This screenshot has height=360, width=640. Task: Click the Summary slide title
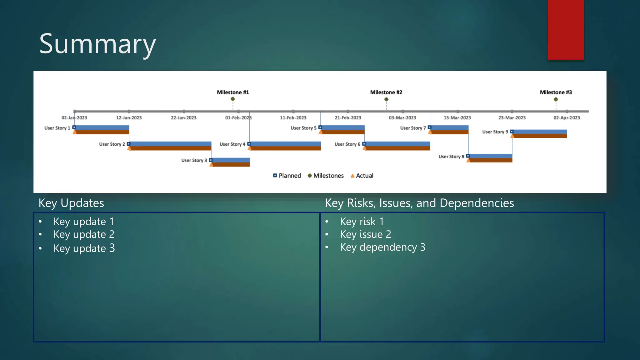[97, 44]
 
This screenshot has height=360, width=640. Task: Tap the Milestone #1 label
[233, 92]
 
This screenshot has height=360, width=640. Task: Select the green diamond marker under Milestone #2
[386, 99]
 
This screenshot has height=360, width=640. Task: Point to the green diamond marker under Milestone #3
[556, 99]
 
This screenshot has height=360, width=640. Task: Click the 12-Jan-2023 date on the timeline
[129, 118]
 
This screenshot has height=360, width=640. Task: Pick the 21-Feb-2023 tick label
[348, 118]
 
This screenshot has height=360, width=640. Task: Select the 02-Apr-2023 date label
[567, 118]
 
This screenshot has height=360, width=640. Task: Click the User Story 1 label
[57, 128]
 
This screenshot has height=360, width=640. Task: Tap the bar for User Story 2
[170, 146]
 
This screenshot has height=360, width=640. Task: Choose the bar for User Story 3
[231, 162]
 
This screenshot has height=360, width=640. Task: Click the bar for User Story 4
[285, 146]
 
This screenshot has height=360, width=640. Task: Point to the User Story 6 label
[347, 144]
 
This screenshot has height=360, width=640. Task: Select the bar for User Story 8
[490, 158]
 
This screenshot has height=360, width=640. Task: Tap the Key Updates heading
[71, 203]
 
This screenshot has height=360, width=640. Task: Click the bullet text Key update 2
[84, 234]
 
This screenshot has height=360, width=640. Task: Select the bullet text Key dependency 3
[382, 247]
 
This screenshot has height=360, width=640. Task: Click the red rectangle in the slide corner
[566, 30]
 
